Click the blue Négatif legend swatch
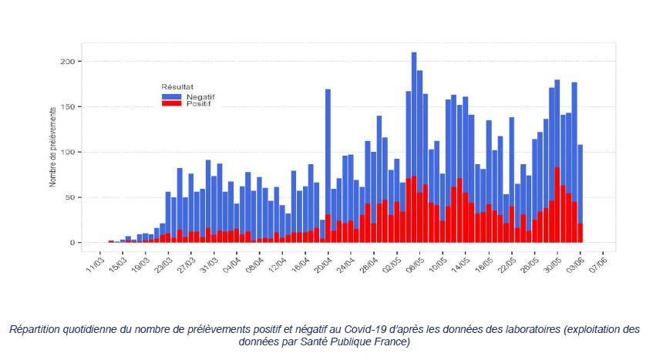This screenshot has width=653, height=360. pos(171,96)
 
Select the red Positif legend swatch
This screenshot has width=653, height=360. pos(171,103)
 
